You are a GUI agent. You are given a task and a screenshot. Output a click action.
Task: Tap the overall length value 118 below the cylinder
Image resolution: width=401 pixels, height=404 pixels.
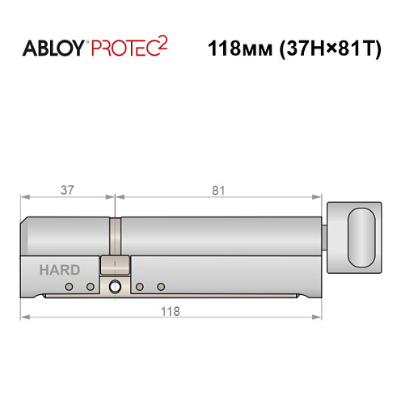(169, 311)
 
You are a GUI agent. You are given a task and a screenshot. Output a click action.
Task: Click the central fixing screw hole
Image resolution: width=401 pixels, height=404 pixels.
(115, 286)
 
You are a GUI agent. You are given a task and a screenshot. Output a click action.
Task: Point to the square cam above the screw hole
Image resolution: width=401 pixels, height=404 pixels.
(115, 265)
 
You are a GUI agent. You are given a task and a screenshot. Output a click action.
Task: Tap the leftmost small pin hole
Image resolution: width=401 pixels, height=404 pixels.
(70, 287)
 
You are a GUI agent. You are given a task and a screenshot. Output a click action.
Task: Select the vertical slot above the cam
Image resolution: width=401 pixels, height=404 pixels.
(116, 235)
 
